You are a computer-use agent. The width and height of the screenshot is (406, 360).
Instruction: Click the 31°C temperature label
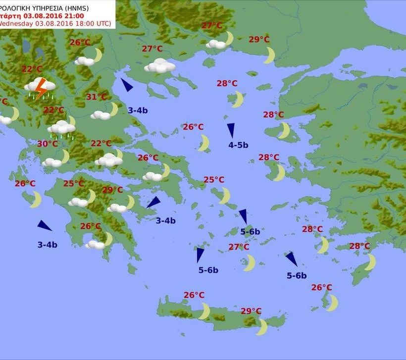97,97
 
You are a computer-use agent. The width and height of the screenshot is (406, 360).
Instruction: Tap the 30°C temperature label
47,144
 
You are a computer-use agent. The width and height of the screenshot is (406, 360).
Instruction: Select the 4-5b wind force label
238,145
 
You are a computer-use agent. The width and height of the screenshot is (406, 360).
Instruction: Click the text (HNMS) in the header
77,7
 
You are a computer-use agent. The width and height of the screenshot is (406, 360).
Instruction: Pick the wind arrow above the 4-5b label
231,130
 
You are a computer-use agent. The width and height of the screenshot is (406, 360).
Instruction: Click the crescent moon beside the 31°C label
114,109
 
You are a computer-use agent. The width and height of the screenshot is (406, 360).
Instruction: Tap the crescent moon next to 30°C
65,156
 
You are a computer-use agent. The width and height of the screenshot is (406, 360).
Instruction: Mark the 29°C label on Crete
251,311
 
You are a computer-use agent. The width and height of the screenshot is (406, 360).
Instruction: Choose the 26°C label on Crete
194,295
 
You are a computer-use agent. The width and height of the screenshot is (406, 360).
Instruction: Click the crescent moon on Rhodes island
370,261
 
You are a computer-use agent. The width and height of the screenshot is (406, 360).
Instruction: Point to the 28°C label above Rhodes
359,246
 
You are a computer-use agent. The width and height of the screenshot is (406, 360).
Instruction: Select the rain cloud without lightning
61,128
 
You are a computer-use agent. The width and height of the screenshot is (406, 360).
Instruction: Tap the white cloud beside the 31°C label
101,115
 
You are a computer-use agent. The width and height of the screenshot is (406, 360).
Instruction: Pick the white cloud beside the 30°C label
51,162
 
